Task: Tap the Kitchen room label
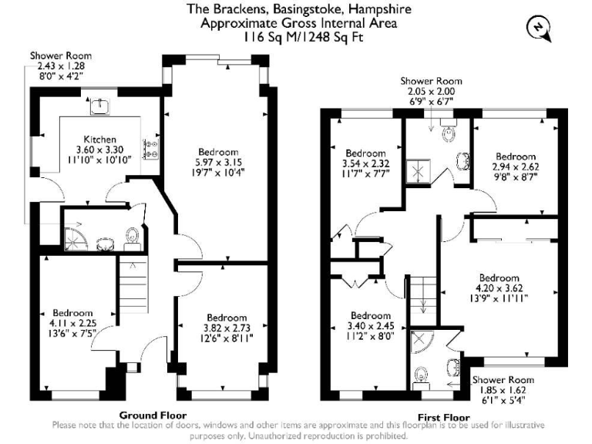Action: (99, 140)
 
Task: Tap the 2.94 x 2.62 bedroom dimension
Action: (516, 166)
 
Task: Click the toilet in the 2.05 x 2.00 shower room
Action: (446, 134)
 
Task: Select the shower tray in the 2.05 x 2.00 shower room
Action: (421, 170)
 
